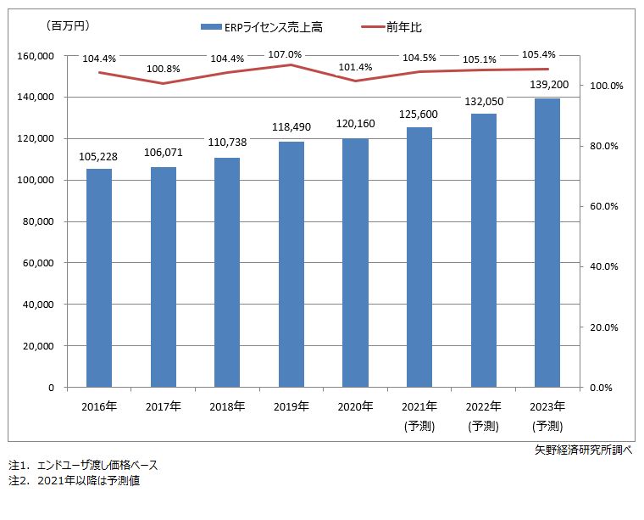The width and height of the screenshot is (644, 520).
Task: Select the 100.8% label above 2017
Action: click(163, 69)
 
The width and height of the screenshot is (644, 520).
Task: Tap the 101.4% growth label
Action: click(355, 67)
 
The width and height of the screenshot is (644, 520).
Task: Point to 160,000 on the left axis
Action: click(36, 56)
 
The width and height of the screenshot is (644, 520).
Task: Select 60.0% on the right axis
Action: click(606, 206)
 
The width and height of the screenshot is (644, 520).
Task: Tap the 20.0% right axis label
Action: click(606, 327)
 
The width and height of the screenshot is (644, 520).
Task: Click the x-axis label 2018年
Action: click(227, 406)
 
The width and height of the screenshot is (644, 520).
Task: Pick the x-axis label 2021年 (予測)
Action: click(419, 416)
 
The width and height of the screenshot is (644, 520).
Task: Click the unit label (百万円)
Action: click(67, 27)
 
